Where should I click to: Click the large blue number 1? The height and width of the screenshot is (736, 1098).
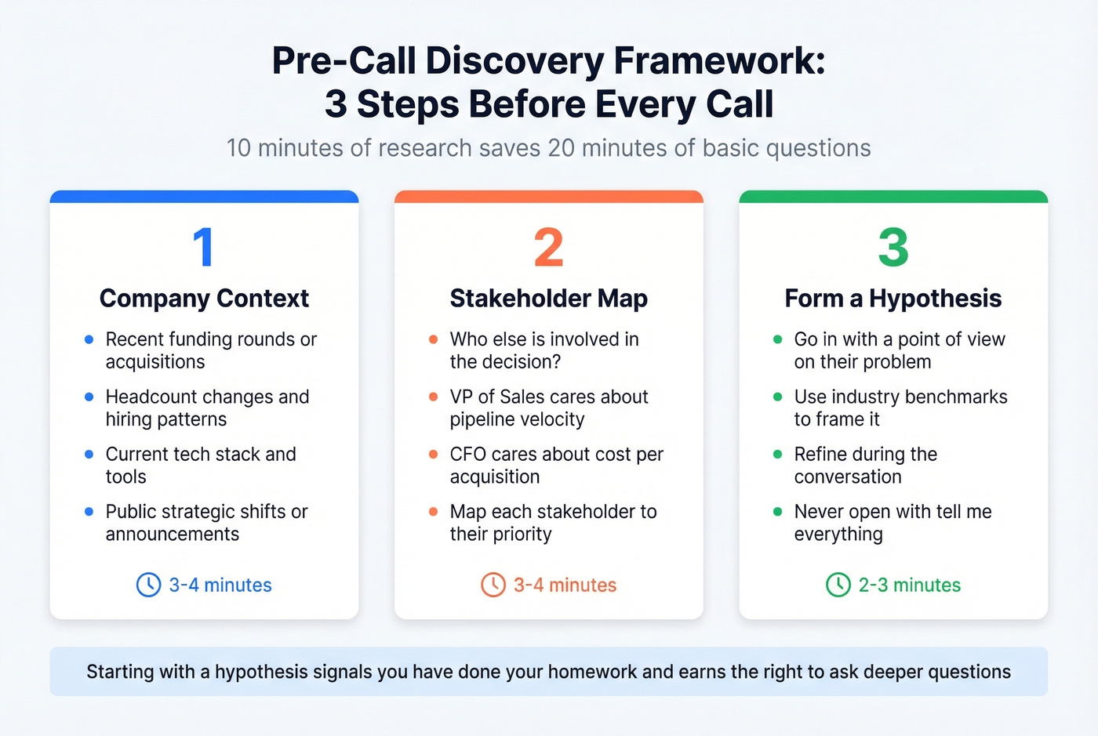(x=203, y=247)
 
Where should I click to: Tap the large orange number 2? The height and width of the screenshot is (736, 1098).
(x=548, y=248)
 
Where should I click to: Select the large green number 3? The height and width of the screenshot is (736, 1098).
(x=893, y=248)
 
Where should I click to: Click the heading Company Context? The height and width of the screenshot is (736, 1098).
(x=204, y=299)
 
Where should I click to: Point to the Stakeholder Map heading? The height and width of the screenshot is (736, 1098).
(x=548, y=299)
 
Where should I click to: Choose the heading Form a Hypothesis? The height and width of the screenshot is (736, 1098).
(x=893, y=299)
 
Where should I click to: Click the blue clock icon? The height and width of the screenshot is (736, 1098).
(x=149, y=585)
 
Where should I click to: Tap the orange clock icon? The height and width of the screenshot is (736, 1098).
(x=493, y=585)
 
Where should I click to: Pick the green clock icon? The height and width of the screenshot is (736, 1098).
(x=838, y=585)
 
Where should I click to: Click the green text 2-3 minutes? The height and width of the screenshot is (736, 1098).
(x=909, y=586)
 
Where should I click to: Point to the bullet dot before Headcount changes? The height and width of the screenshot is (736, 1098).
(x=89, y=397)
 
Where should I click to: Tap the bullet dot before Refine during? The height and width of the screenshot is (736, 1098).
(x=778, y=455)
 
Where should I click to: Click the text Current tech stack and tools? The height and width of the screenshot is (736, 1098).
(x=200, y=465)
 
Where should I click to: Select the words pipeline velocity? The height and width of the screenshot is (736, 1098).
(x=517, y=420)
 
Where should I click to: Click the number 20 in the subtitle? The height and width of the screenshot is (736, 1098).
(x=561, y=148)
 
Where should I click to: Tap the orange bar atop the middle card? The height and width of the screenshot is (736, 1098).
(x=548, y=197)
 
